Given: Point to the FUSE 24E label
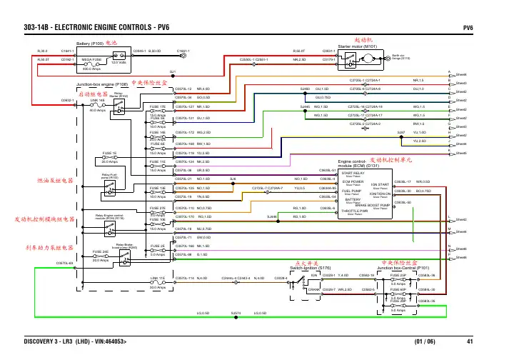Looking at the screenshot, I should tap(101, 251).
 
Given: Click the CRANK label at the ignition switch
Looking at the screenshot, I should tap(314, 289).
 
